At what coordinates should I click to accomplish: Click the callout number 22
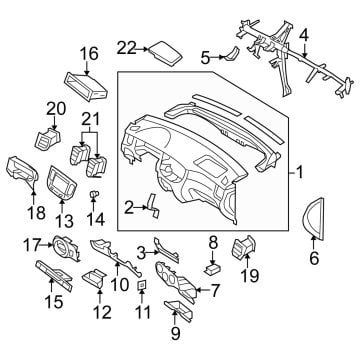pos(126,49)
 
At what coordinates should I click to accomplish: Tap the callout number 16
pos(89,54)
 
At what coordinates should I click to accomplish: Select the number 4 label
pos(303,36)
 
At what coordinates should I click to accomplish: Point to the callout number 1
pos(300,173)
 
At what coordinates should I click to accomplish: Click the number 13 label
pos(64,221)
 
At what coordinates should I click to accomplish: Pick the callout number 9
pos(176,333)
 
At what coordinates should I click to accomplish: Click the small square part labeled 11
pos(142,284)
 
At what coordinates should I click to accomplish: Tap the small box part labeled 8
pos(213,269)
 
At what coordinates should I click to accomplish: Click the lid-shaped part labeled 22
pos(166,53)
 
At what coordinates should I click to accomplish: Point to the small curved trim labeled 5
pos(232,55)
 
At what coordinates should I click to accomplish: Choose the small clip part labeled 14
pos(94,195)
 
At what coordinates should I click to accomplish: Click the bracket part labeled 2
pos(152,206)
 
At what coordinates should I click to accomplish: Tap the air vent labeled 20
pos(49,140)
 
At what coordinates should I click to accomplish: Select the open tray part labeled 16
pos(86,86)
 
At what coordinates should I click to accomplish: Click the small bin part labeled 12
pos(94,277)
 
